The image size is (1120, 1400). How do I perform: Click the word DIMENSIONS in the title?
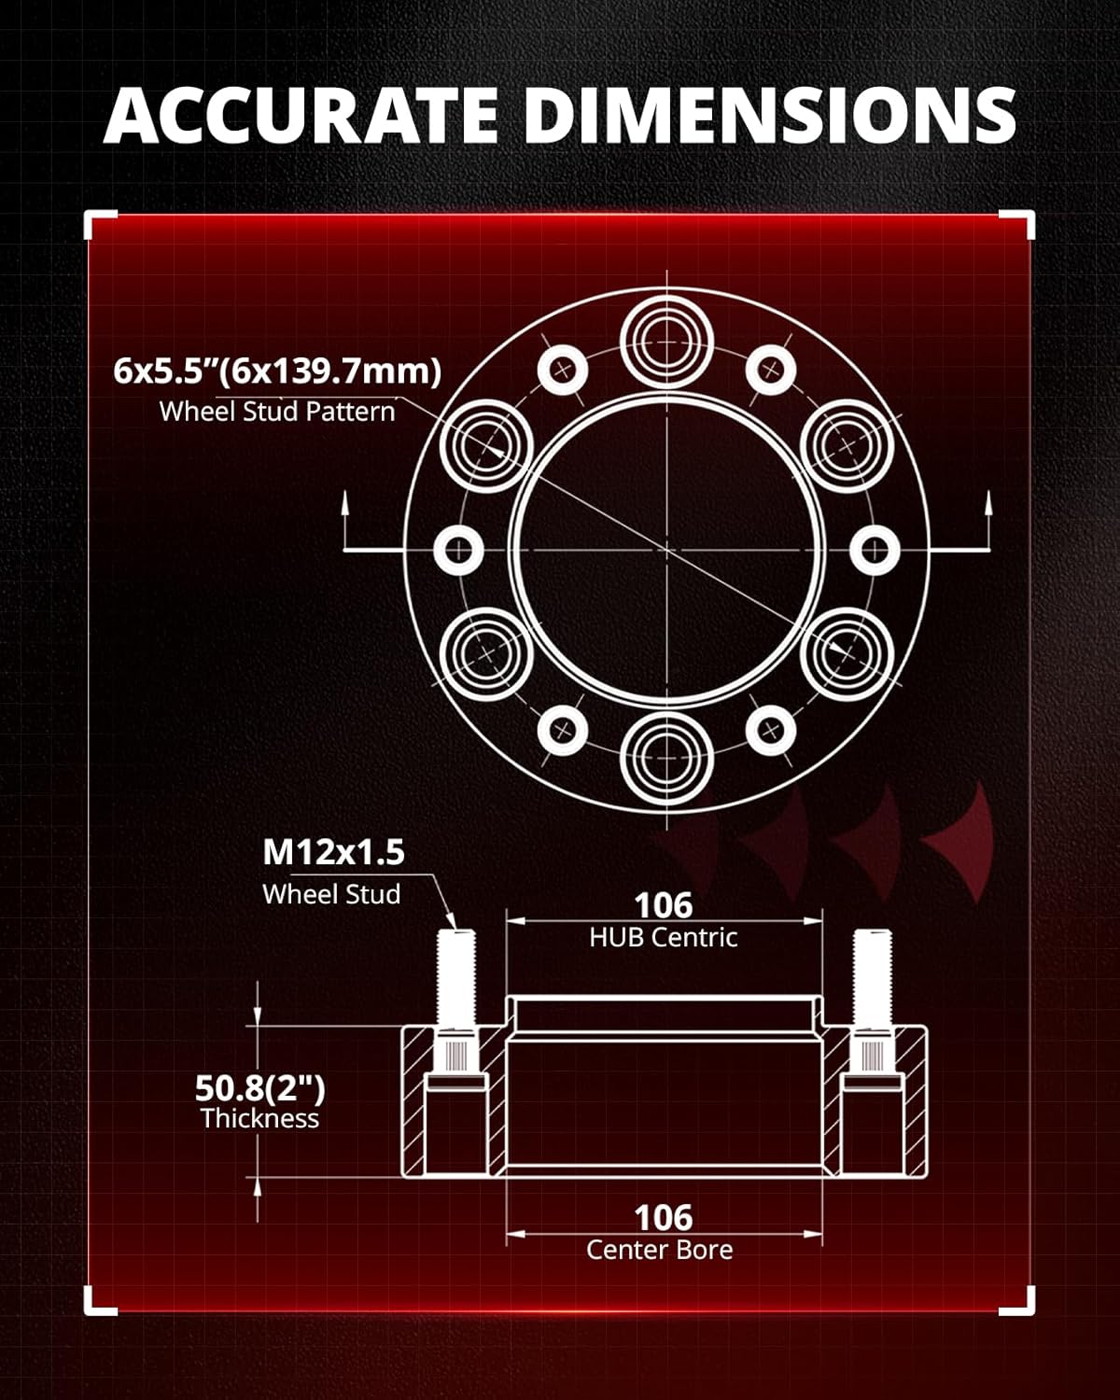click(769, 115)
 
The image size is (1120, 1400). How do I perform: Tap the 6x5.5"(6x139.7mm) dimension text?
click(277, 371)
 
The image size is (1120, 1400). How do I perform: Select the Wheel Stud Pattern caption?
click(277, 412)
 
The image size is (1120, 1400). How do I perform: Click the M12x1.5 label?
click(333, 852)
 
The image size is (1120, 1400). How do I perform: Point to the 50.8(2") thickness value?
click(259, 1087)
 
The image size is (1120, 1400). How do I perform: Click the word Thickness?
click(259, 1118)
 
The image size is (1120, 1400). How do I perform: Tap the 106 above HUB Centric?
click(664, 904)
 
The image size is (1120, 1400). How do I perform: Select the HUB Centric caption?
click(664, 937)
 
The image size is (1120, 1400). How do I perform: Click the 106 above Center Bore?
click(664, 1217)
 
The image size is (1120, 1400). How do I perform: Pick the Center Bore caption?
click(660, 1250)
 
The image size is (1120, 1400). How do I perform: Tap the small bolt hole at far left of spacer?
click(459, 550)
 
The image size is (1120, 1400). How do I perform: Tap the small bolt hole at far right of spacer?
click(875, 550)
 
